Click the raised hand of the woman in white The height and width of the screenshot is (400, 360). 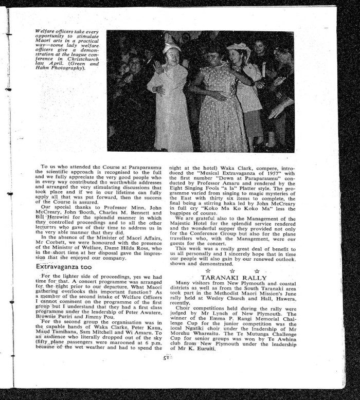pos(157,67)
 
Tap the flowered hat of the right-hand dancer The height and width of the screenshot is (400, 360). pos(238,49)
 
